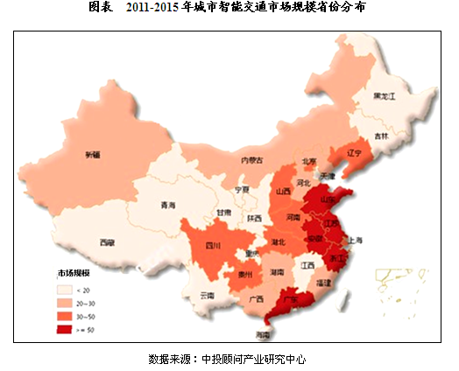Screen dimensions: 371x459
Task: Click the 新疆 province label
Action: pyautogui.click(x=92, y=155)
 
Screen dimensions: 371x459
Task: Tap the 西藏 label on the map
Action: pyautogui.click(x=106, y=242)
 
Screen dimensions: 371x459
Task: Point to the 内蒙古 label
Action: pyautogui.click(x=280, y=161)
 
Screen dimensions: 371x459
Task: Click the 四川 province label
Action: pyautogui.click(x=212, y=246)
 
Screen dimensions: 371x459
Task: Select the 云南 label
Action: pyautogui.click(x=207, y=296)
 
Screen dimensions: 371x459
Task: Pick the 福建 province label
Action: pyautogui.click(x=324, y=283)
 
